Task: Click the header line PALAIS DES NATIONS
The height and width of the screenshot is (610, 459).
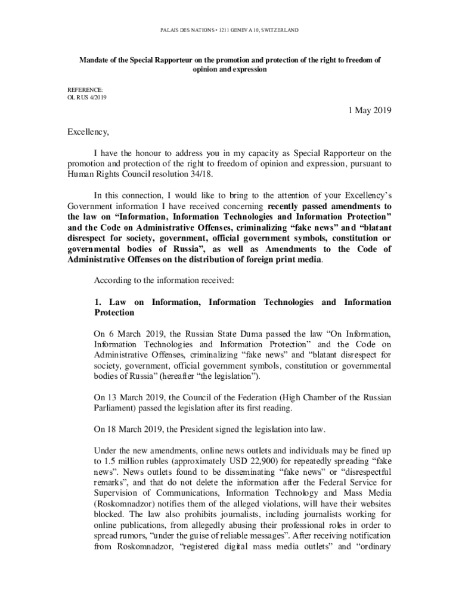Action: [x=229, y=29]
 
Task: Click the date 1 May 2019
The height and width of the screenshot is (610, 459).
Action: [x=370, y=111]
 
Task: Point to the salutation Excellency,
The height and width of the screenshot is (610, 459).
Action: [x=88, y=132]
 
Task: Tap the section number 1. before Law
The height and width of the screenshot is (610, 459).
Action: [x=98, y=302]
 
